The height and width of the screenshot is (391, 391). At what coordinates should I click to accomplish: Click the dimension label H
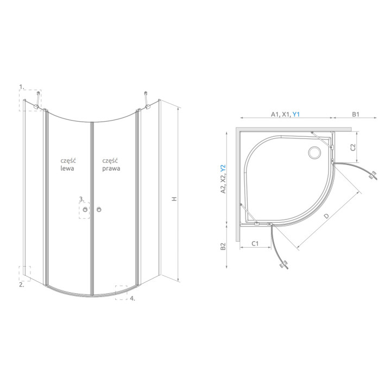pyautogui.click(x=174, y=199)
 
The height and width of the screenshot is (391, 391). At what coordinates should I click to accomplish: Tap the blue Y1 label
pyautogui.click(x=296, y=114)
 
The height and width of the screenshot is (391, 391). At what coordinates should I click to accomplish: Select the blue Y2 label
pyautogui.click(x=223, y=168)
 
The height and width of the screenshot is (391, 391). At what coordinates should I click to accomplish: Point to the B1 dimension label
pyautogui.click(x=355, y=114)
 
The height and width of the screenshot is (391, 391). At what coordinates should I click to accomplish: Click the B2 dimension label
pyautogui.click(x=223, y=247)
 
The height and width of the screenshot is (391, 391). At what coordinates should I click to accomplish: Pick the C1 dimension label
pyautogui.click(x=255, y=243)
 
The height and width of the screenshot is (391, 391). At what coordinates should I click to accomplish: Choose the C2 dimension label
pyautogui.click(x=353, y=147)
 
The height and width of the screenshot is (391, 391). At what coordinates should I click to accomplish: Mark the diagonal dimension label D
pyautogui.click(x=326, y=216)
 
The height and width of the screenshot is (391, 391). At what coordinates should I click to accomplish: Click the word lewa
pyautogui.click(x=67, y=168)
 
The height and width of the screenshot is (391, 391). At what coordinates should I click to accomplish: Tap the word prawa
pyautogui.click(x=111, y=168)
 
